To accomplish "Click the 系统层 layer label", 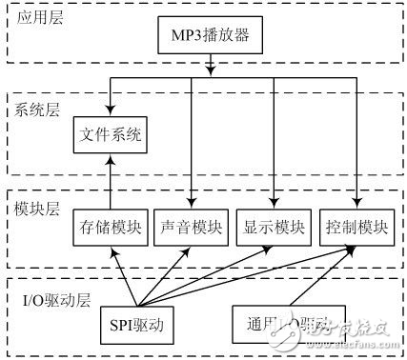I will tap(37, 110).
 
